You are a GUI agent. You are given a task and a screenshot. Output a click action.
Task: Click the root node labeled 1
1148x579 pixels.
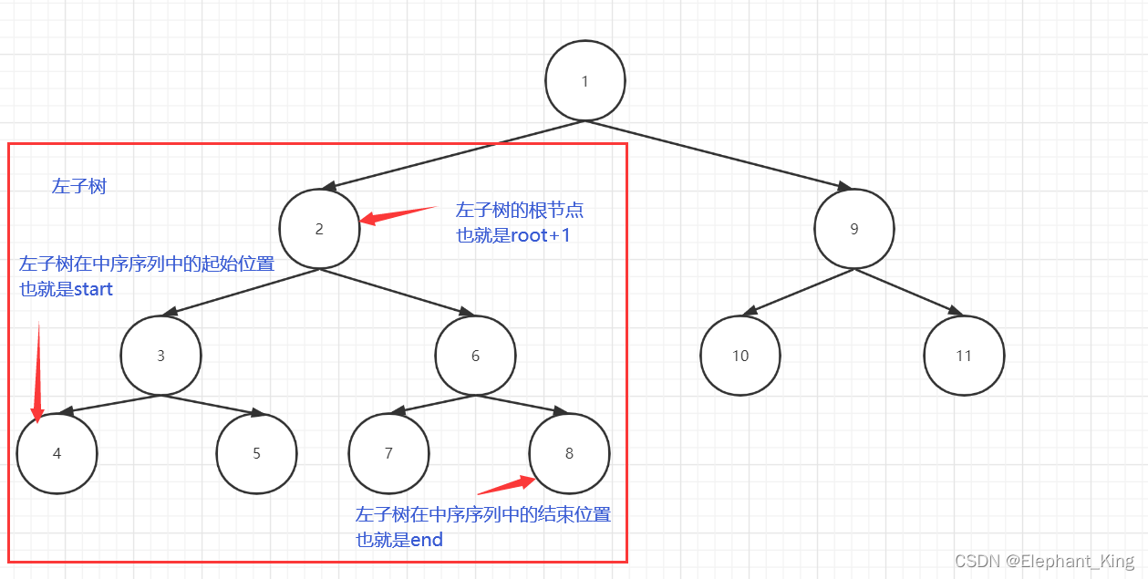point(584,80)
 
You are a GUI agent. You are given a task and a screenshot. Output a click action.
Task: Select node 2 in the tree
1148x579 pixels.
point(319,228)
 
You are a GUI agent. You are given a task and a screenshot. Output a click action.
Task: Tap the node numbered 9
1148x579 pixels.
point(854,228)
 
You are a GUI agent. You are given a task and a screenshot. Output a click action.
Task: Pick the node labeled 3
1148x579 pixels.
point(160,356)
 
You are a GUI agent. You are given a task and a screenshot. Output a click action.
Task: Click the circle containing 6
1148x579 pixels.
point(475,356)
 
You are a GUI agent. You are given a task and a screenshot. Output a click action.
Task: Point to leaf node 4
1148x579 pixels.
point(57,453)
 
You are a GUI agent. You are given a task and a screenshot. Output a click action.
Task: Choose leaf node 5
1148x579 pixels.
point(256,453)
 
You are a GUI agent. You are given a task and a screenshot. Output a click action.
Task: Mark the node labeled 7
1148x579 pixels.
point(388,453)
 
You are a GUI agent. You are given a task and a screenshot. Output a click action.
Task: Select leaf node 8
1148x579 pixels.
point(569,453)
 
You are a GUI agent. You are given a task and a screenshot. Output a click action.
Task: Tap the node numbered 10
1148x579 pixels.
point(740,356)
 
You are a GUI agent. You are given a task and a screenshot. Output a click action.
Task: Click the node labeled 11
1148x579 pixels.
point(964,356)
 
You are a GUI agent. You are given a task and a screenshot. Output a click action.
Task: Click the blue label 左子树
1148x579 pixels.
point(79,187)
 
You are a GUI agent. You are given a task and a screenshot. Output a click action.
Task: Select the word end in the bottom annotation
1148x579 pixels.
point(426,540)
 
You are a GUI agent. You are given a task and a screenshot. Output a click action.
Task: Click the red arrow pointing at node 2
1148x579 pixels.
point(396,214)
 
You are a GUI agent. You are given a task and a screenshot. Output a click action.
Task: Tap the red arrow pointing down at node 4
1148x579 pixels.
point(38,374)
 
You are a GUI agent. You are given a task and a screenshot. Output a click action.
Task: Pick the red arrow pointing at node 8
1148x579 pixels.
point(507,485)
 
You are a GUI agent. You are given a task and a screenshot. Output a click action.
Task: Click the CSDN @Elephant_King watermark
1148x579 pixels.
point(1045,561)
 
